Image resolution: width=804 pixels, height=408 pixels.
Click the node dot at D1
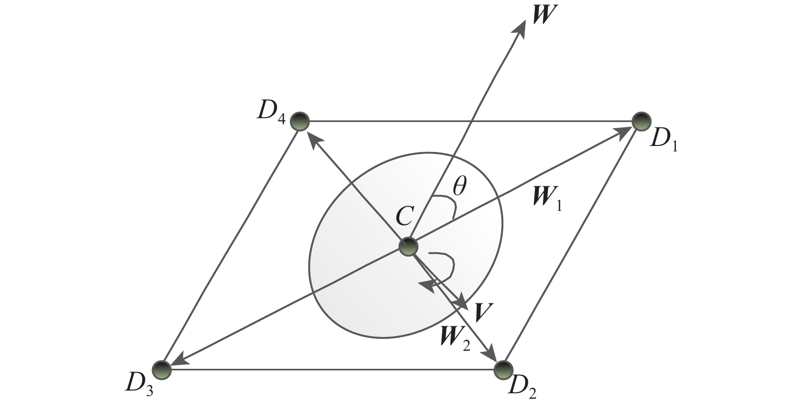pyautogui.click(x=641, y=121)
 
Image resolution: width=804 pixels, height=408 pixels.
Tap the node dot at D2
pyautogui.click(x=503, y=370)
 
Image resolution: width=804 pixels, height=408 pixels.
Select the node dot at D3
pyautogui.click(x=162, y=370)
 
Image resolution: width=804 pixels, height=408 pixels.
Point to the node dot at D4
pyautogui.click(x=300, y=121)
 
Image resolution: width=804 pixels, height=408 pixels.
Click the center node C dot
pyautogui.click(x=409, y=247)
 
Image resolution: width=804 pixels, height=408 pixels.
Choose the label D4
pyautogui.click(x=271, y=113)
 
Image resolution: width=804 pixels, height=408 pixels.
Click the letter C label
pyautogui.click(x=405, y=216)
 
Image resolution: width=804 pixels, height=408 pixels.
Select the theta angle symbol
pyautogui.click(x=459, y=186)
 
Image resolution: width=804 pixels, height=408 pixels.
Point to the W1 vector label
pyautogui.click(x=547, y=199)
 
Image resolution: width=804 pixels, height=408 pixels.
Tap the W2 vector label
pyautogui.click(x=455, y=339)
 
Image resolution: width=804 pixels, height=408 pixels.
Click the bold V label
pyautogui.click(x=482, y=312)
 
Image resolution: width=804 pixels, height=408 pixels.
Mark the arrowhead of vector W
pyautogui.click(x=519, y=29)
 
